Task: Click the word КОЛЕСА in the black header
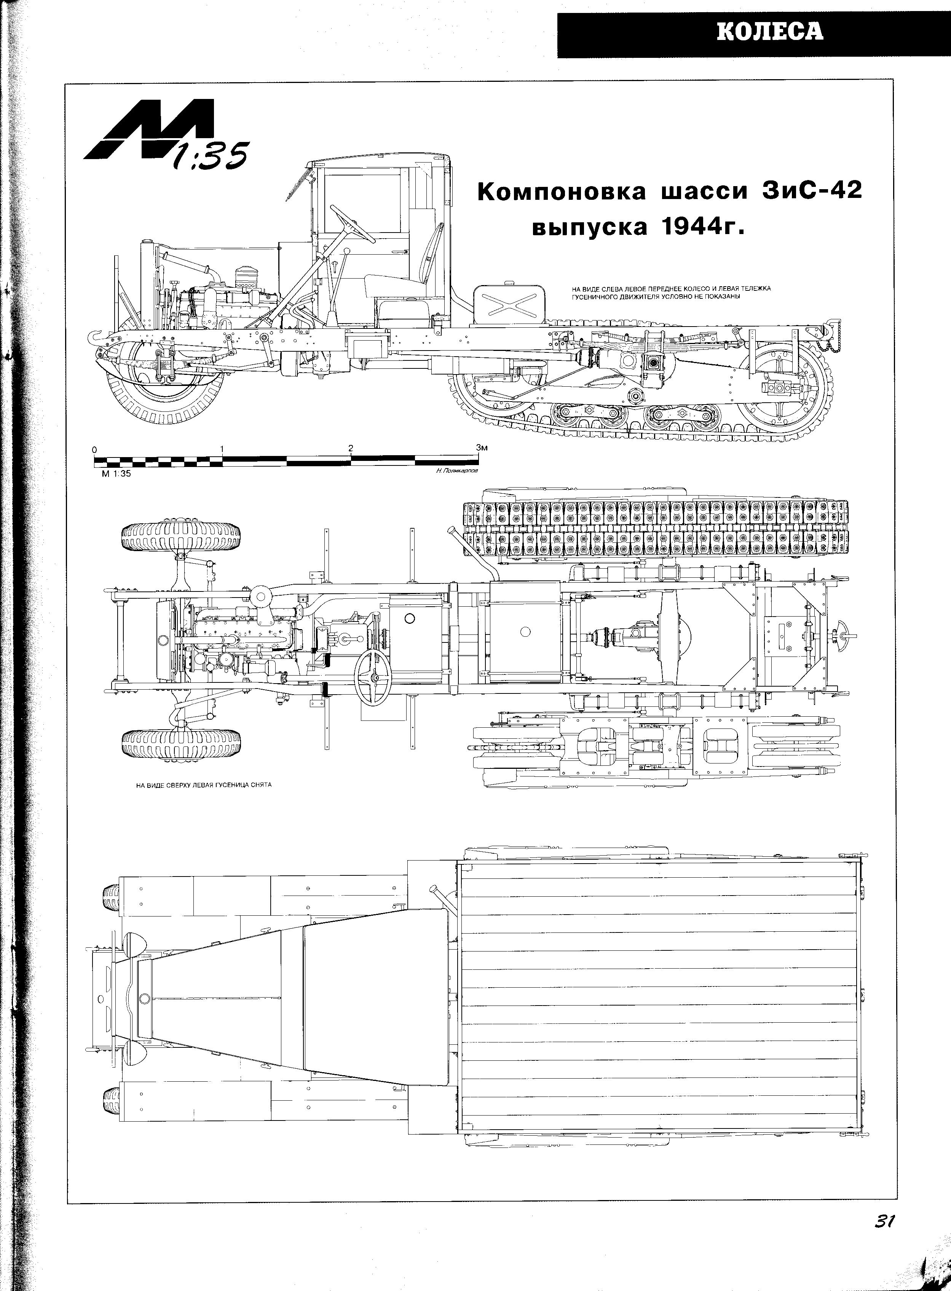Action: (770, 31)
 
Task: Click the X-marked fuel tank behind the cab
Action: (507, 303)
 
